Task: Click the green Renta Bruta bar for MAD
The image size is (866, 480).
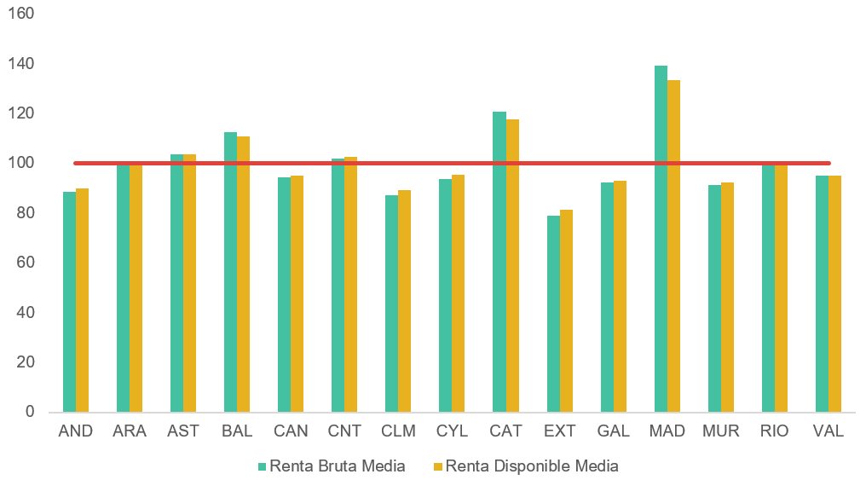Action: point(661,239)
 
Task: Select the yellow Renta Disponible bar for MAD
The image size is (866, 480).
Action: point(673,246)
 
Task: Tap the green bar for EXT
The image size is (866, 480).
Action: point(553,314)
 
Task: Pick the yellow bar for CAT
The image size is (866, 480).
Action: point(512,266)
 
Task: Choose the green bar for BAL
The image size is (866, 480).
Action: point(230,272)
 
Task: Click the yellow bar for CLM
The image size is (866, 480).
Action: point(404,301)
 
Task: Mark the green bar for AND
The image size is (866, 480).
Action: point(70,302)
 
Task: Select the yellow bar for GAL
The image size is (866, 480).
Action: point(620,296)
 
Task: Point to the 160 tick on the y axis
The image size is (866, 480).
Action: point(21,14)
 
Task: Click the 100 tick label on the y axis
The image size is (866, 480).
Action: point(21,163)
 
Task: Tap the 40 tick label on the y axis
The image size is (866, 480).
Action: point(26,312)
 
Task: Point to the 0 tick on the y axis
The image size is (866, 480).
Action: point(30,412)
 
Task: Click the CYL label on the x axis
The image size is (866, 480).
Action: point(452,431)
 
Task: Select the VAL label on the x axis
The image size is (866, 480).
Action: point(828,431)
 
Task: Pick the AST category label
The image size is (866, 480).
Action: point(182,431)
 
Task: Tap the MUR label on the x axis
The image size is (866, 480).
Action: point(721,431)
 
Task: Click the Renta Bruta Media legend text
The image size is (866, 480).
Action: point(337,466)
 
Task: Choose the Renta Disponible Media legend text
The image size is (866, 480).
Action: point(531,466)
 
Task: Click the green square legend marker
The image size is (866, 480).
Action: point(263,466)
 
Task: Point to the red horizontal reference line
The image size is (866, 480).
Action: point(452,163)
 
